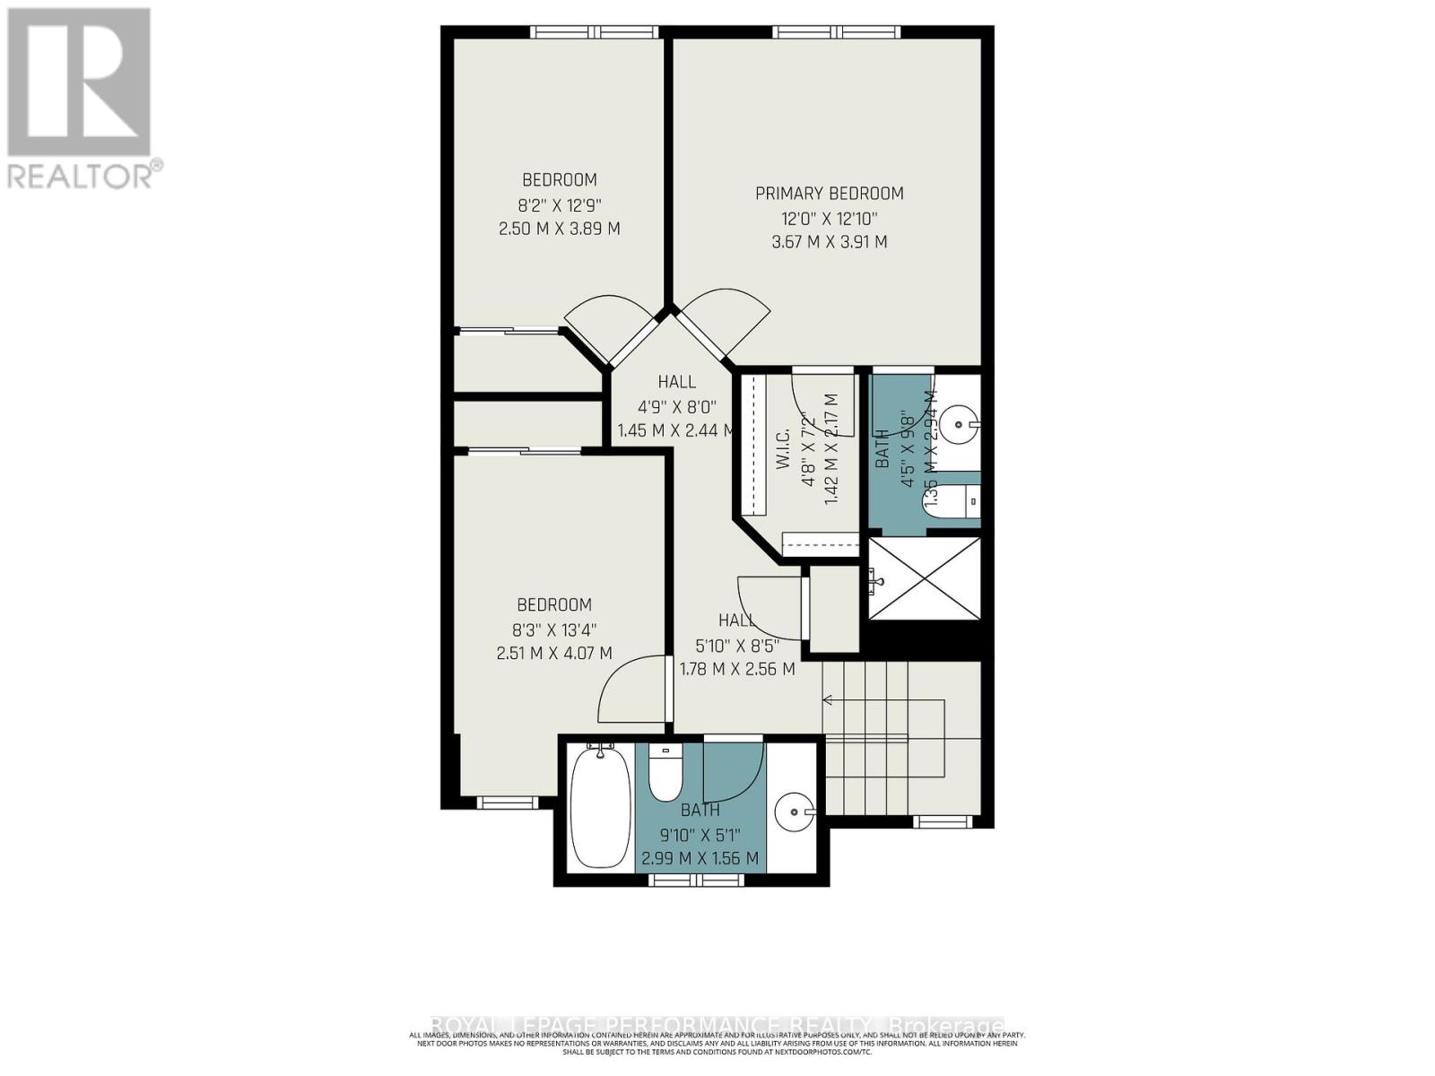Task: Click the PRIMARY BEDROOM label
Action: (829, 193)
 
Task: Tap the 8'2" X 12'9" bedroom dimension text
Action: (560, 204)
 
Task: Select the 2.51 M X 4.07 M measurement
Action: (554, 654)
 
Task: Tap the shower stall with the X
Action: (925, 578)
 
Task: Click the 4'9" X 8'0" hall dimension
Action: (676, 406)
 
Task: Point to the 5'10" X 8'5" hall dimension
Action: (737, 645)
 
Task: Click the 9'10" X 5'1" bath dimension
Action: (700, 835)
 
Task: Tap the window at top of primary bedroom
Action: (839, 32)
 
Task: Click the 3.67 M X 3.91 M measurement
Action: (829, 242)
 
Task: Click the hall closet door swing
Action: (768, 603)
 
